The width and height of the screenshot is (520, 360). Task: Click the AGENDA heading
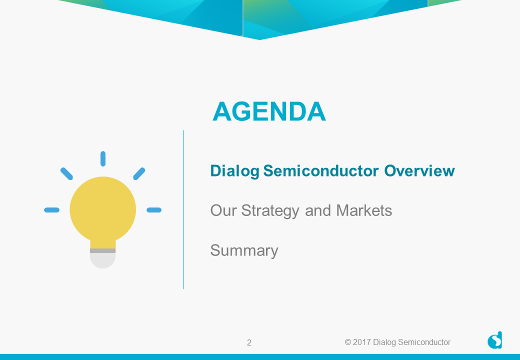tap(269, 111)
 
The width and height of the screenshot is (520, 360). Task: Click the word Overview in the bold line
tap(419, 170)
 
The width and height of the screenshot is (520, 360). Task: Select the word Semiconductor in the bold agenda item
tap(320, 170)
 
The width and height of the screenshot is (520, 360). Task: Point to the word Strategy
tap(270, 211)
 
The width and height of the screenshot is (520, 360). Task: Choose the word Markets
tap(364, 210)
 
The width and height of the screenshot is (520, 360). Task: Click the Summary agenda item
tap(244, 251)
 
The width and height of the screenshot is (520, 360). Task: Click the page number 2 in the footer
tap(249, 343)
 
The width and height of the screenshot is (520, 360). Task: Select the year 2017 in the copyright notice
tap(361, 342)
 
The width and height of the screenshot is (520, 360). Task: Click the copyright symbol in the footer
tap(348, 342)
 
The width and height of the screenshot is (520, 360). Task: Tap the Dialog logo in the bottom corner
tap(494, 340)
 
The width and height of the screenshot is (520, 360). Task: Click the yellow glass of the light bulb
tap(103, 209)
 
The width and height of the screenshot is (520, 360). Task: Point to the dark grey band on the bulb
tap(103, 251)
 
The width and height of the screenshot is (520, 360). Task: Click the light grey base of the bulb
tap(103, 260)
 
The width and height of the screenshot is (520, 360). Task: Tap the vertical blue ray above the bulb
tap(103, 159)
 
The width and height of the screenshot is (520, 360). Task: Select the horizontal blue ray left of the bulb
tap(51, 210)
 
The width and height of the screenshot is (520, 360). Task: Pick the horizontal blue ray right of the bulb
tap(154, 210)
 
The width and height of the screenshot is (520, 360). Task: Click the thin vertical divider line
tap(183, 209)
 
